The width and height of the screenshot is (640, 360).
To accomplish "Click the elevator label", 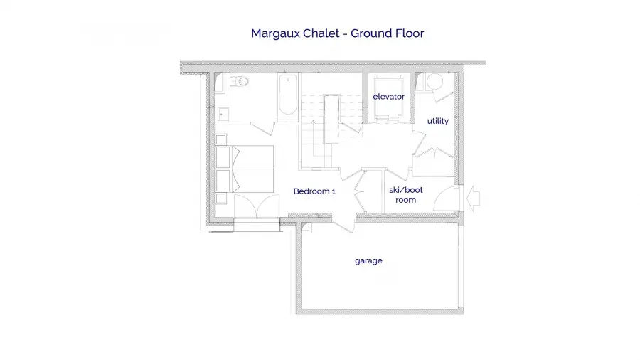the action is click(x=388, y=97).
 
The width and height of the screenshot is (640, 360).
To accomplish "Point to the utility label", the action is click(x=437, y=121).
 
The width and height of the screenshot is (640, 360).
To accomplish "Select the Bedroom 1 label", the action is click(x=314, y=191).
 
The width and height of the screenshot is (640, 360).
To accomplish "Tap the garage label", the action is click(x=368, y=261).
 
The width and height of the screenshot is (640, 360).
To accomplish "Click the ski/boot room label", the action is click(x=406, y=195).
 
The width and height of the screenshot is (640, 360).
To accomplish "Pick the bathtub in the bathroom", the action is click(x=288, y=95).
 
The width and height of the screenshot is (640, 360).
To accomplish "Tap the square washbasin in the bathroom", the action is click(x=223, y=114).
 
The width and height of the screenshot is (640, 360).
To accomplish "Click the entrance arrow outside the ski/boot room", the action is click(x=473, y=198).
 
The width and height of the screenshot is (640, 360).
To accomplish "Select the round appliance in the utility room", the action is click(x=434, y=81).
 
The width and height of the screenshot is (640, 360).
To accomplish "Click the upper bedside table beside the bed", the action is click(x=221, y=139).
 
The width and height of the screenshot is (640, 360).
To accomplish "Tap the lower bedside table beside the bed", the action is click(x=221, y=198).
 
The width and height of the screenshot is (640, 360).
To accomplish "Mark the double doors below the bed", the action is click(x=256, y=206).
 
